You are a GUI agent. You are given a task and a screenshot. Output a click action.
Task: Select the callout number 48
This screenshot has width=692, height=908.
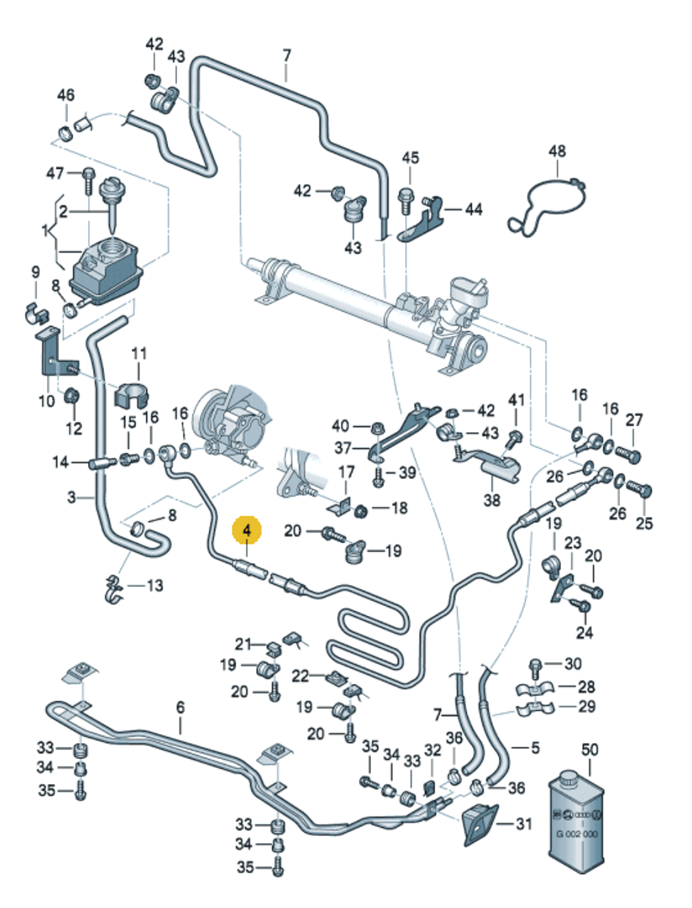pyautogui.click(x=557, y=151)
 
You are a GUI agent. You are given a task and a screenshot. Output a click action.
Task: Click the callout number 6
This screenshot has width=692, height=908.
pyautogui.click(x=180, y=707)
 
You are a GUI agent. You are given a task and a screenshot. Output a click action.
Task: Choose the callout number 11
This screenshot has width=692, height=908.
pyautogui.click(x=139, y=353)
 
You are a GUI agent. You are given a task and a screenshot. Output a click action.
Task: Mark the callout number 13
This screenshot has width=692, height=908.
pyautogui.click(x=154, y=585)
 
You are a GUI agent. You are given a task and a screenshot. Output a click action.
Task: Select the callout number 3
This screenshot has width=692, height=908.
pyautogui.click(x=71, y=497)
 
